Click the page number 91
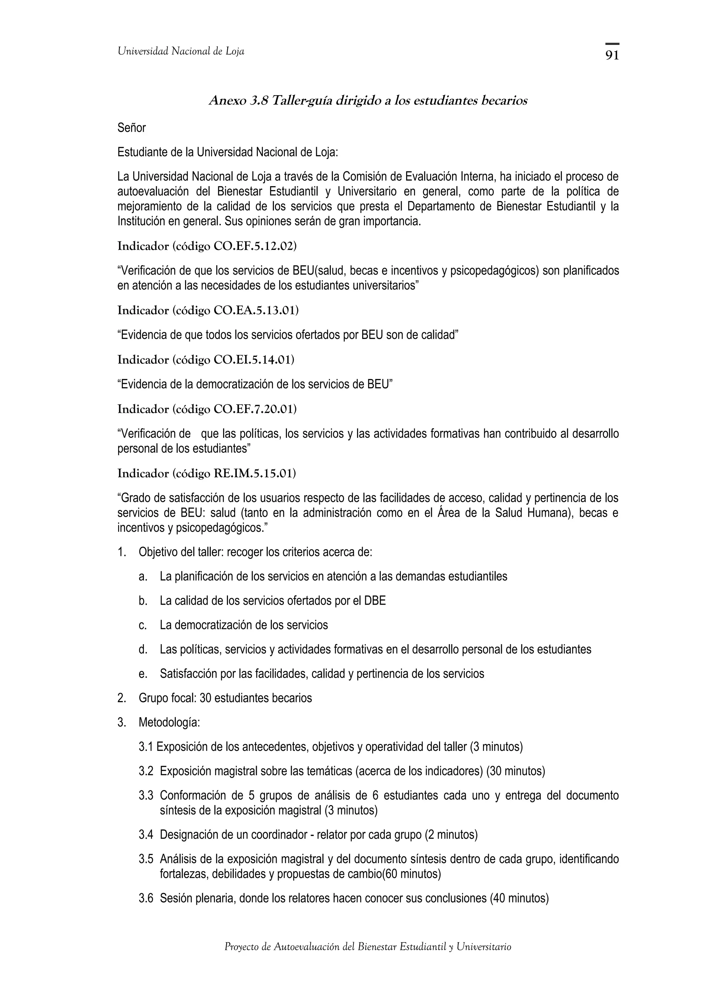click(x=612, y=56)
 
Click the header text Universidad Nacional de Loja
click(x=181, y=52)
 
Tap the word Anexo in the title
click(x=226, y=101)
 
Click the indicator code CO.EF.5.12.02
click(x=255, y=246)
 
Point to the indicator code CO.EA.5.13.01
click(x=255, y=310)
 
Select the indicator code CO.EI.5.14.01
click(x=253, y=360)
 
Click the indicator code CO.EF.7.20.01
click(x=255, y=409)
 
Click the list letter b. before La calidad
click(x=143, y=601)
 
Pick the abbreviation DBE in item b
click(x=375, y=601)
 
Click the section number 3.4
click(x=146, y=834)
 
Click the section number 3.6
click(x=146, y=899)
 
